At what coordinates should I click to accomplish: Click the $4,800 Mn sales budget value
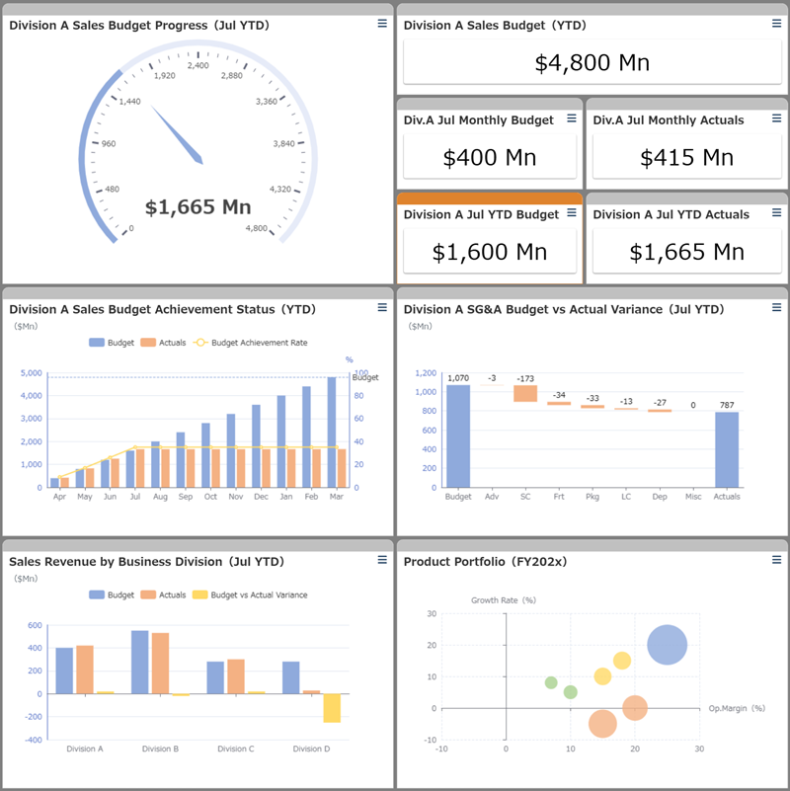[592, 63]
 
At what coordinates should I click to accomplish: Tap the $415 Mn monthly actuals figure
[686, 157]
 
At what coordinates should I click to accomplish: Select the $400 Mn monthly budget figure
[489, 157]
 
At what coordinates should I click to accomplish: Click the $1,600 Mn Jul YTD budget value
[489, 252]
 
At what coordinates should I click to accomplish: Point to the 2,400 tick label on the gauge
[197, 65]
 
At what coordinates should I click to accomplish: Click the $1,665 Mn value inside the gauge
[197, 207]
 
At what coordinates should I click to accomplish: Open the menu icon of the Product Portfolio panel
[776, 560]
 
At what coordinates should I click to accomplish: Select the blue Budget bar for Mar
[332, 432]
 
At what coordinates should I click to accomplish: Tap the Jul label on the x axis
[133, 497]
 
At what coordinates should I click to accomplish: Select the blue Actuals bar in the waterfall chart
[726, 449]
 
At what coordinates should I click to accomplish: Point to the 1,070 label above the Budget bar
[457, 378]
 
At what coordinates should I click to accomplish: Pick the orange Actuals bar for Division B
[160, 663]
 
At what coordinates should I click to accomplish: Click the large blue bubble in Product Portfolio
[668, 645]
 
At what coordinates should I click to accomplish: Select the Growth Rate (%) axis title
[503, 599]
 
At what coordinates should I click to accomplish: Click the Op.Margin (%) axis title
[737, 708]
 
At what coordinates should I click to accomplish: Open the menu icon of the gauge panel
[382, 24]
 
